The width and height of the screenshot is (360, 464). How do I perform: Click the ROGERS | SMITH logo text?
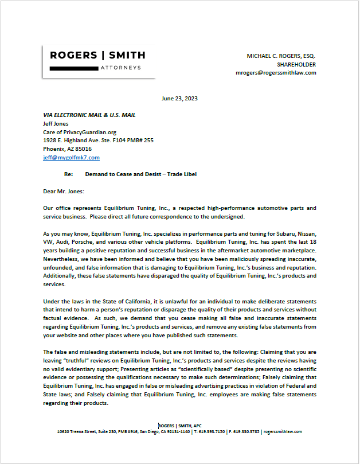click(x=97, y=56)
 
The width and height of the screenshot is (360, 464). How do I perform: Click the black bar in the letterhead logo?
click(x=73, y=68)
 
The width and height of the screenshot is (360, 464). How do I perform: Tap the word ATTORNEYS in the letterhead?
click(x=121, y=68)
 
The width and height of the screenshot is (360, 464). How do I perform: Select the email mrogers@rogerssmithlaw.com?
click(x=276, y=73)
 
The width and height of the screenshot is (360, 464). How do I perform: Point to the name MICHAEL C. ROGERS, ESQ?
click(x=281, y=56)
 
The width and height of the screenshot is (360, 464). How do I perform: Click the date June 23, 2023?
click(x=179, y=99)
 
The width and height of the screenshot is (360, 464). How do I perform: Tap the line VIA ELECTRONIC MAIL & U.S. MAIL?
click(x=89, y=115)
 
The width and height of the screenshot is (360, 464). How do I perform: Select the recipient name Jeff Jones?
click(x=57, y=123)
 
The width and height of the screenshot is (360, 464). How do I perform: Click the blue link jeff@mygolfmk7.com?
click(x=71, y=157)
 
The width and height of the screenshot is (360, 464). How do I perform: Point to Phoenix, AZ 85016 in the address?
click(x=67, y=149)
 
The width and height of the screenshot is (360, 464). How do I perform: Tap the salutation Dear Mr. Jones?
click(x=63, y=192)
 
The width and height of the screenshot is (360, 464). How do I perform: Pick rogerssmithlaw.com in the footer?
click(x=284, y=431)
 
